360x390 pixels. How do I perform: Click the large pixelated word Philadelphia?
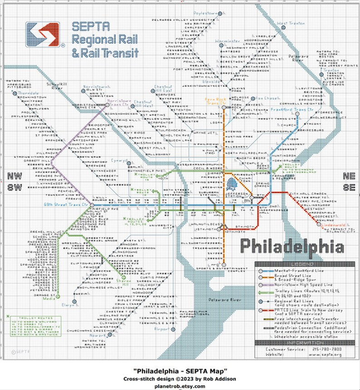[291, 247]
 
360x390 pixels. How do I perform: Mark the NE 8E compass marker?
[349, 180]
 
